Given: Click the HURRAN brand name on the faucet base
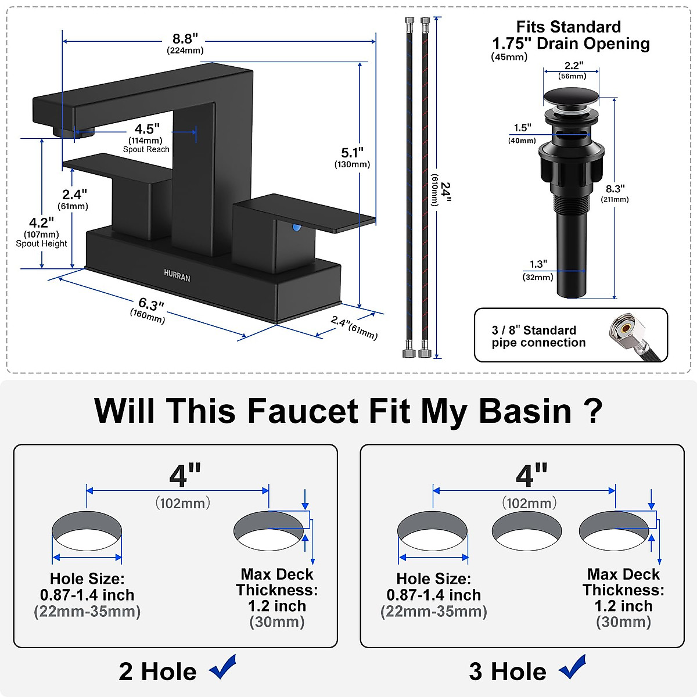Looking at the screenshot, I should [177, 276].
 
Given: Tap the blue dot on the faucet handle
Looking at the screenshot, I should [297, 228].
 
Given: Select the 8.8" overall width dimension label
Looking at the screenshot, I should [185, 39].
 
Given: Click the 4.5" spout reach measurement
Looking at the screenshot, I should [146, 129].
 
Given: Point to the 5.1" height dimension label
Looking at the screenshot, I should [352, 153].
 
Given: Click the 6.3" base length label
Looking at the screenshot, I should [150, 304].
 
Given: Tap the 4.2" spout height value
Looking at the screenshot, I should [41, 222].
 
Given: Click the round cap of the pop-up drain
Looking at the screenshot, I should [571, 96].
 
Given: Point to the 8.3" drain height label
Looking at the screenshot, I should [615, 189].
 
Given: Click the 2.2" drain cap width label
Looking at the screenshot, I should [573, 66].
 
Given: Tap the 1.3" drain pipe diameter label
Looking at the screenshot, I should [538, 264].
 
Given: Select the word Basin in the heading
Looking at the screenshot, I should [525, 411].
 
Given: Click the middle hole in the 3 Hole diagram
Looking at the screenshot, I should [526, 531].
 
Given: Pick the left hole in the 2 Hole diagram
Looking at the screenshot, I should [87, 531].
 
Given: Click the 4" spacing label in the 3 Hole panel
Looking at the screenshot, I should [531, 476].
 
